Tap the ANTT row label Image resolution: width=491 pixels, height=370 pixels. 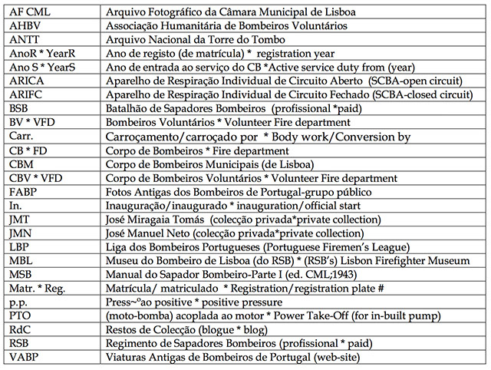(x=25, y=40)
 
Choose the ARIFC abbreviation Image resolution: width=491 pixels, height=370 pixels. (x=28, y=95)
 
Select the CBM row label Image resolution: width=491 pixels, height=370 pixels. (x=22, y=164)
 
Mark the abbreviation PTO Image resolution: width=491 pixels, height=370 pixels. (x=21, y=316)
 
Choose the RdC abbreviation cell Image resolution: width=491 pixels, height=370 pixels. (x=21, y=330)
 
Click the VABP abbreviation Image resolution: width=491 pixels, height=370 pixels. (x=25, y=358)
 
